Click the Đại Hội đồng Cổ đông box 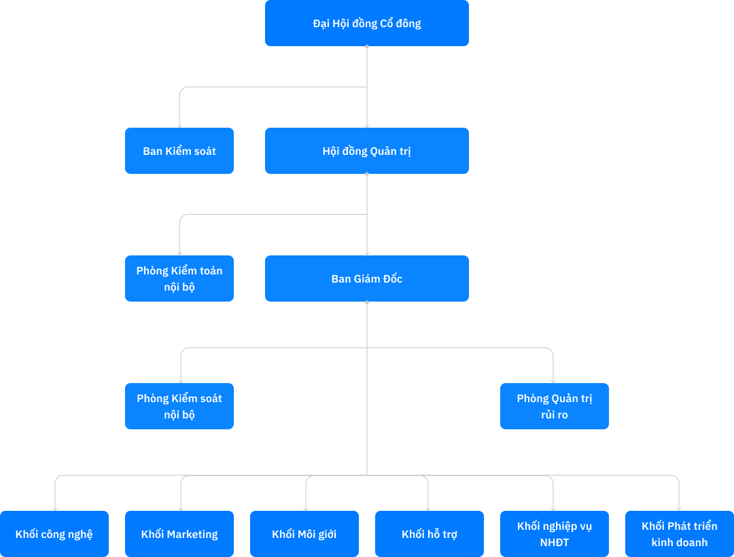(x=367, y=23)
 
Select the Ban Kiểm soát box (x=179, y=151)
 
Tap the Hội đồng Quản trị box (x=367, y=151)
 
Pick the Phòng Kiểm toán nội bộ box (x=179, y=278)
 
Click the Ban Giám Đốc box (x=367, y=278)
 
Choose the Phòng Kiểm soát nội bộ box (x=179, y=406)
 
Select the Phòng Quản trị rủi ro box (x=555, y=406)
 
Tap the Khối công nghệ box (x=54, y=534)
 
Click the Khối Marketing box (x=179, y=534)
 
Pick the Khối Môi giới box (x=304, y=534)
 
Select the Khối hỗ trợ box (x=430, y=534)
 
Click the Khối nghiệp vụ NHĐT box (x=555, y=534)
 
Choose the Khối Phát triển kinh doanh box (x=680, y=534)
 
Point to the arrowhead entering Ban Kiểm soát (x=179, y=125)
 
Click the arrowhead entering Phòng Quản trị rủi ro (x=553, y=380)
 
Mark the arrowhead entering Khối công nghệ (x=54, y=508)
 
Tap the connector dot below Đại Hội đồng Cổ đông (x=367, y=47)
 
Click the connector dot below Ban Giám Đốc (x=367, y=302)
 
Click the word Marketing (x=192, y=534)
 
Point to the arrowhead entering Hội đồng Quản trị (x=367, y=125)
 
